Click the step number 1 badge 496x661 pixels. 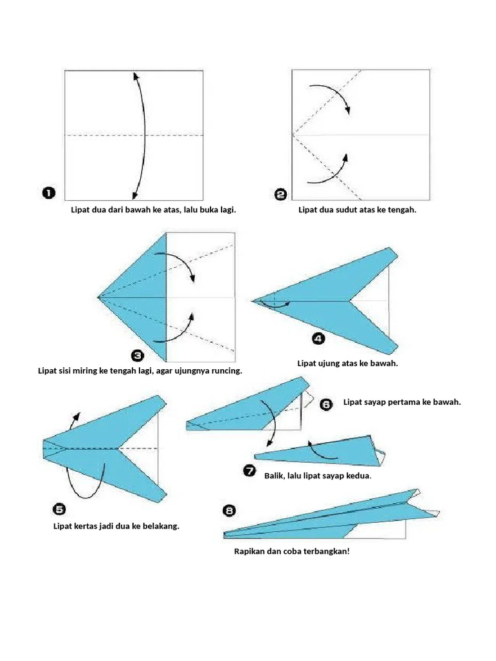48,193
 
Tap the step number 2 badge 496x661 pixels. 280,194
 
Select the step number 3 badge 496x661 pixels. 138,356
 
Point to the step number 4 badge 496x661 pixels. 318,338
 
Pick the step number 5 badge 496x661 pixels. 59,509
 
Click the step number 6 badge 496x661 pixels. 326,404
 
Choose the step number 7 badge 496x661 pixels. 250,471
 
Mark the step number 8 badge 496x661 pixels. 229,511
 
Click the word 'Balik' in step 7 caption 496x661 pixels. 274,476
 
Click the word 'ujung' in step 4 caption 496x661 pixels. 332,363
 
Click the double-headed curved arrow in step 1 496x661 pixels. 145,135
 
